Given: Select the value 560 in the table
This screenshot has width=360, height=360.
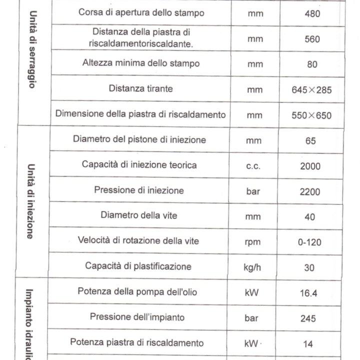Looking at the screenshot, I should click(312, 39).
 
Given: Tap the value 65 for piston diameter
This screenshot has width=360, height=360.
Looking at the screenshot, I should click(310, 141).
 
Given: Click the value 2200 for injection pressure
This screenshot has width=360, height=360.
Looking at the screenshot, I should click(310, 191).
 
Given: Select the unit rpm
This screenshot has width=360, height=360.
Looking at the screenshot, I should click(255, 242).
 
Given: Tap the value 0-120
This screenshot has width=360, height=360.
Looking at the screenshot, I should click(310, 242).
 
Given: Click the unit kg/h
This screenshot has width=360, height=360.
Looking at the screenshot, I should click(255, 267).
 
